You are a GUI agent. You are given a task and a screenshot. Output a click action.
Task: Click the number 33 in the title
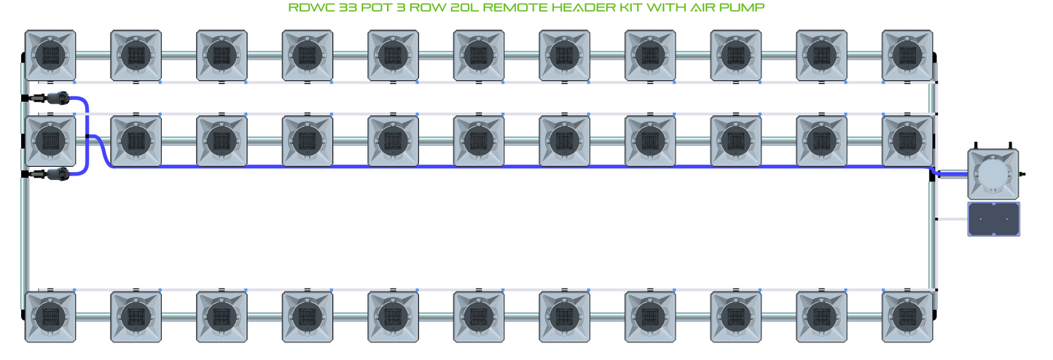coord(342,7)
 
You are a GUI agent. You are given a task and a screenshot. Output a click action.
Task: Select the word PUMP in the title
coord(743,7)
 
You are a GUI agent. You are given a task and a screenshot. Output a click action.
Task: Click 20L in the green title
coord(464,7)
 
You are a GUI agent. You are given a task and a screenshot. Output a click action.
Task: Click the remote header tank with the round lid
coord(993,173)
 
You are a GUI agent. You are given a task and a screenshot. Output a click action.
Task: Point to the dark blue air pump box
coord(993,219)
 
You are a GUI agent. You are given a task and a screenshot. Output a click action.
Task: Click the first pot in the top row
coord(50,55)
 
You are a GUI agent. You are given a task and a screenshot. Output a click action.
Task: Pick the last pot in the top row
coord(907,55)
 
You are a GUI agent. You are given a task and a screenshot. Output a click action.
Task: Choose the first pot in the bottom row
coord(50,316)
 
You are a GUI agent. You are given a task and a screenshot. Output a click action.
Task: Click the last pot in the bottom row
coord(907,316)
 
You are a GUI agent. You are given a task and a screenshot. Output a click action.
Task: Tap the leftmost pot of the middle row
coord(50,140)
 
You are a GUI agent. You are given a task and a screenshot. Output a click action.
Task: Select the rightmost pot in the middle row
coord(907,140)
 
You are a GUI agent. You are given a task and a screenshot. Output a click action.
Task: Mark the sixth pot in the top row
coord(479,55)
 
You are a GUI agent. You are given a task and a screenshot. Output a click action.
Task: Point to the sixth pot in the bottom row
coord(479,316)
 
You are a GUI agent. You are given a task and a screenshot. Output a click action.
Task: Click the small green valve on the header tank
coord(1022,174)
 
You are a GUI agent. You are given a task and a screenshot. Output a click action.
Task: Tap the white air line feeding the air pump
coord(952,219)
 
